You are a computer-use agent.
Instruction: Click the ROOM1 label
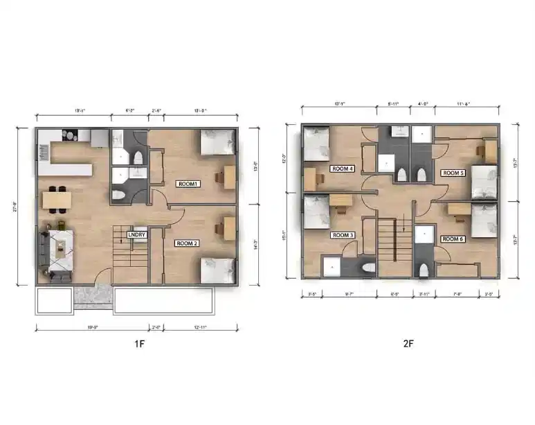pos(187,184)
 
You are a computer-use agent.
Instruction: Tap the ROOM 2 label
pos(187,243)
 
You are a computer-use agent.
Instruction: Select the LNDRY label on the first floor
pos(136,235)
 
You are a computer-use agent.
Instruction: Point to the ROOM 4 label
pos(343,168)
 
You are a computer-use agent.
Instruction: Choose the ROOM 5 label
pos(453,173)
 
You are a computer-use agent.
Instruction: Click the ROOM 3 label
pos(343,235)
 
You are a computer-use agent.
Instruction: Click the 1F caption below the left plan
pos(138,342)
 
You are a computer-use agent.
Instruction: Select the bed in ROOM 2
pos(217,269)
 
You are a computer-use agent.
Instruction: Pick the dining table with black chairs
pos(56,199)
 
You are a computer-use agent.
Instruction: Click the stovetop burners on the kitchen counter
pos(70,134)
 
